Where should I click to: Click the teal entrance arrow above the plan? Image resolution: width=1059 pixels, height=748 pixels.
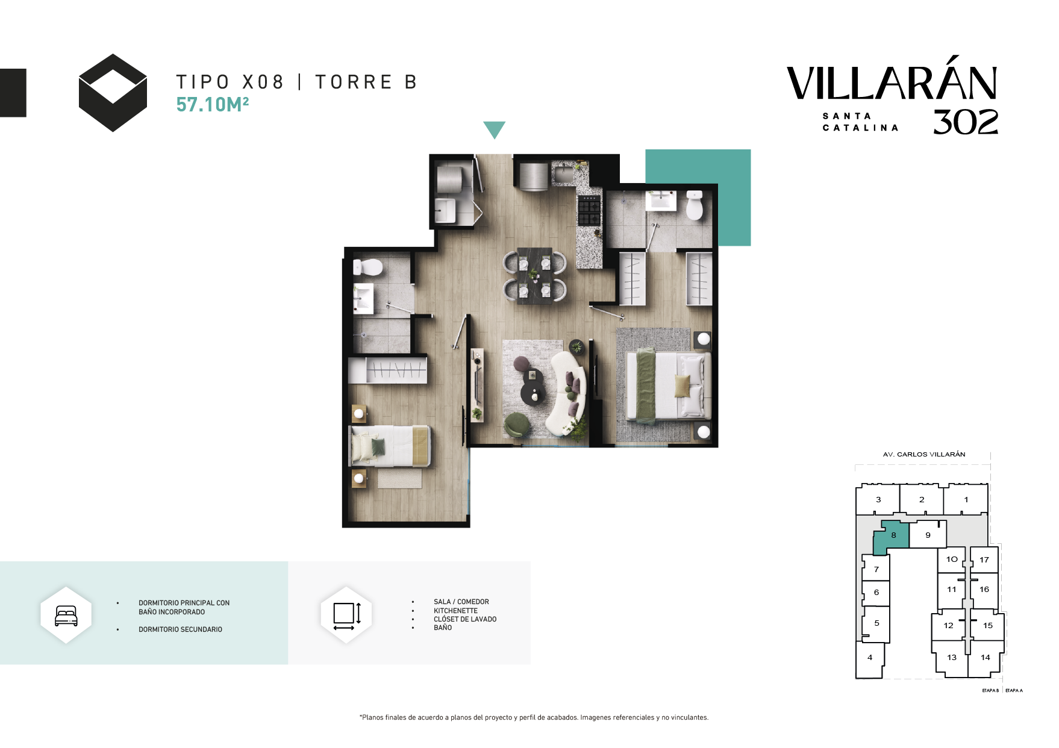(x=494, y=129)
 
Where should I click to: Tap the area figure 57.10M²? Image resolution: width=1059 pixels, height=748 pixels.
(x=213, y=105)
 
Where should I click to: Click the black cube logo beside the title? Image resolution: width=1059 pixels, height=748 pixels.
(x=113, y=93)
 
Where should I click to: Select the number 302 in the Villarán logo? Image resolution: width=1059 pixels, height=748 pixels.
(x=966, y=122)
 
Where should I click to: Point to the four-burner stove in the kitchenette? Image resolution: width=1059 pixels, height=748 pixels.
(x=589, y=210)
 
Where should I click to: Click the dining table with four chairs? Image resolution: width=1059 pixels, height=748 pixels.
(x=535, y=276)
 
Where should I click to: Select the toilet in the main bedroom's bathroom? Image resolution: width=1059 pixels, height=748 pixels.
(x=695, y=205)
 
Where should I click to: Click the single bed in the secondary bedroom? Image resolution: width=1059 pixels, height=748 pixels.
(x=390, y=446)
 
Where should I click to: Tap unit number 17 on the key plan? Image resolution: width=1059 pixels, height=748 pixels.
(x=984, y=560)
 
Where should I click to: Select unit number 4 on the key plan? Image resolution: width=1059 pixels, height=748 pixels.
(x=870, y=658)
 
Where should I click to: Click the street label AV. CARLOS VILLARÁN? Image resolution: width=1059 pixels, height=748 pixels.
(x=924, y=454)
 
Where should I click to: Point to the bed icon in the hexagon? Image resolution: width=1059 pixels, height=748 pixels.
(x=66, y=616)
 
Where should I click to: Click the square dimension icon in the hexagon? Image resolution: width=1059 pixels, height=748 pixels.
(x=347, y=616)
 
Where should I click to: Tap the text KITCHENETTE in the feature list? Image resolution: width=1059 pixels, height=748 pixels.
(x=455, y=611)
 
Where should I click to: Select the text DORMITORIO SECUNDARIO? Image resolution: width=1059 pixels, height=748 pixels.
(x=180, y=629)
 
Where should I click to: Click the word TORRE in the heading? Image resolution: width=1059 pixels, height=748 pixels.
(x=354, y=82)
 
